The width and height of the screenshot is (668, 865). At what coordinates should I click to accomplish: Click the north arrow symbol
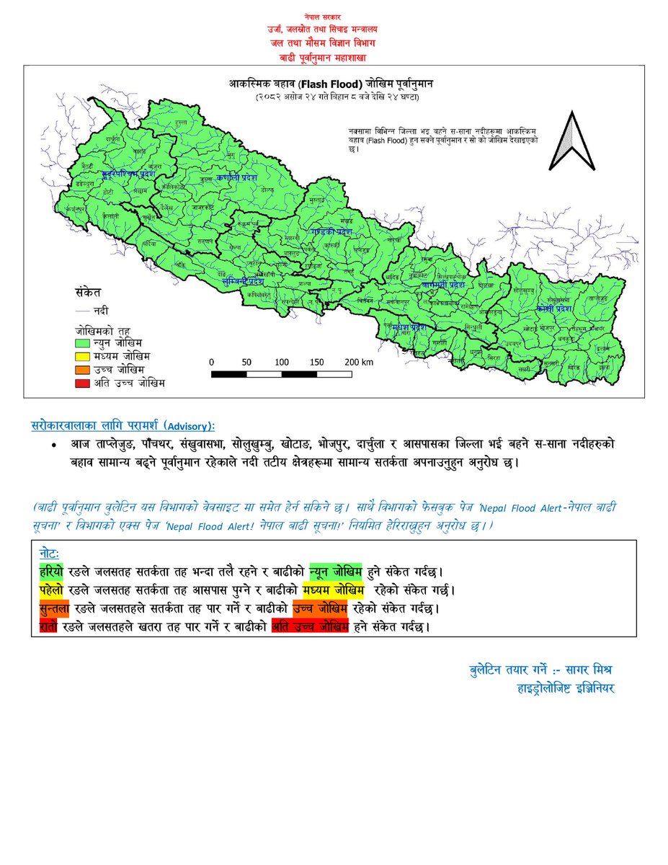point(571,143)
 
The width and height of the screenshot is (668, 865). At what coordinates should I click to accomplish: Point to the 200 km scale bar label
point(357,362)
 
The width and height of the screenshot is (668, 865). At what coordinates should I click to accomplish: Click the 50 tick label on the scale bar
point(246,362)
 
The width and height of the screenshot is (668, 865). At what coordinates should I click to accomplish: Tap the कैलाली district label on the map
point(110,216)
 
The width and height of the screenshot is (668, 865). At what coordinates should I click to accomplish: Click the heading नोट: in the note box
point(50,552)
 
